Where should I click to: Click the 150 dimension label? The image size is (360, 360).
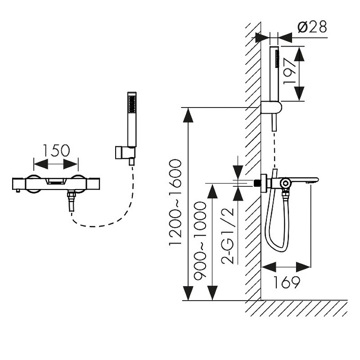pos(56,151)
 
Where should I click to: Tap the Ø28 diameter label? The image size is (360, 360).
pos(312,27)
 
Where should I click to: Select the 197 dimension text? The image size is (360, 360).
pos(289,71)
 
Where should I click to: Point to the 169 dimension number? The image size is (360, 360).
pos(287,282)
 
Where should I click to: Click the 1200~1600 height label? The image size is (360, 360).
pos(175,202)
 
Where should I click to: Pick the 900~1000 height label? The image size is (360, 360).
pos(200,241)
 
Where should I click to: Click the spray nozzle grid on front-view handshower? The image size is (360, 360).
pos(132,104)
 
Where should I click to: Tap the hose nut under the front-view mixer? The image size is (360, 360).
pos(70,196)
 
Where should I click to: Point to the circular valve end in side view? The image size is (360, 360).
pos(285,183)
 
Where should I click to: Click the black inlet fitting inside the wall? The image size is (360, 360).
pos(257,183)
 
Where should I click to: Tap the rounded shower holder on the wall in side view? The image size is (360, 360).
pos(271,108)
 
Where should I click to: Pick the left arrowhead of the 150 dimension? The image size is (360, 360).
pos(41,164)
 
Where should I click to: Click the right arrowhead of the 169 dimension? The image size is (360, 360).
pos(303,267)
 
